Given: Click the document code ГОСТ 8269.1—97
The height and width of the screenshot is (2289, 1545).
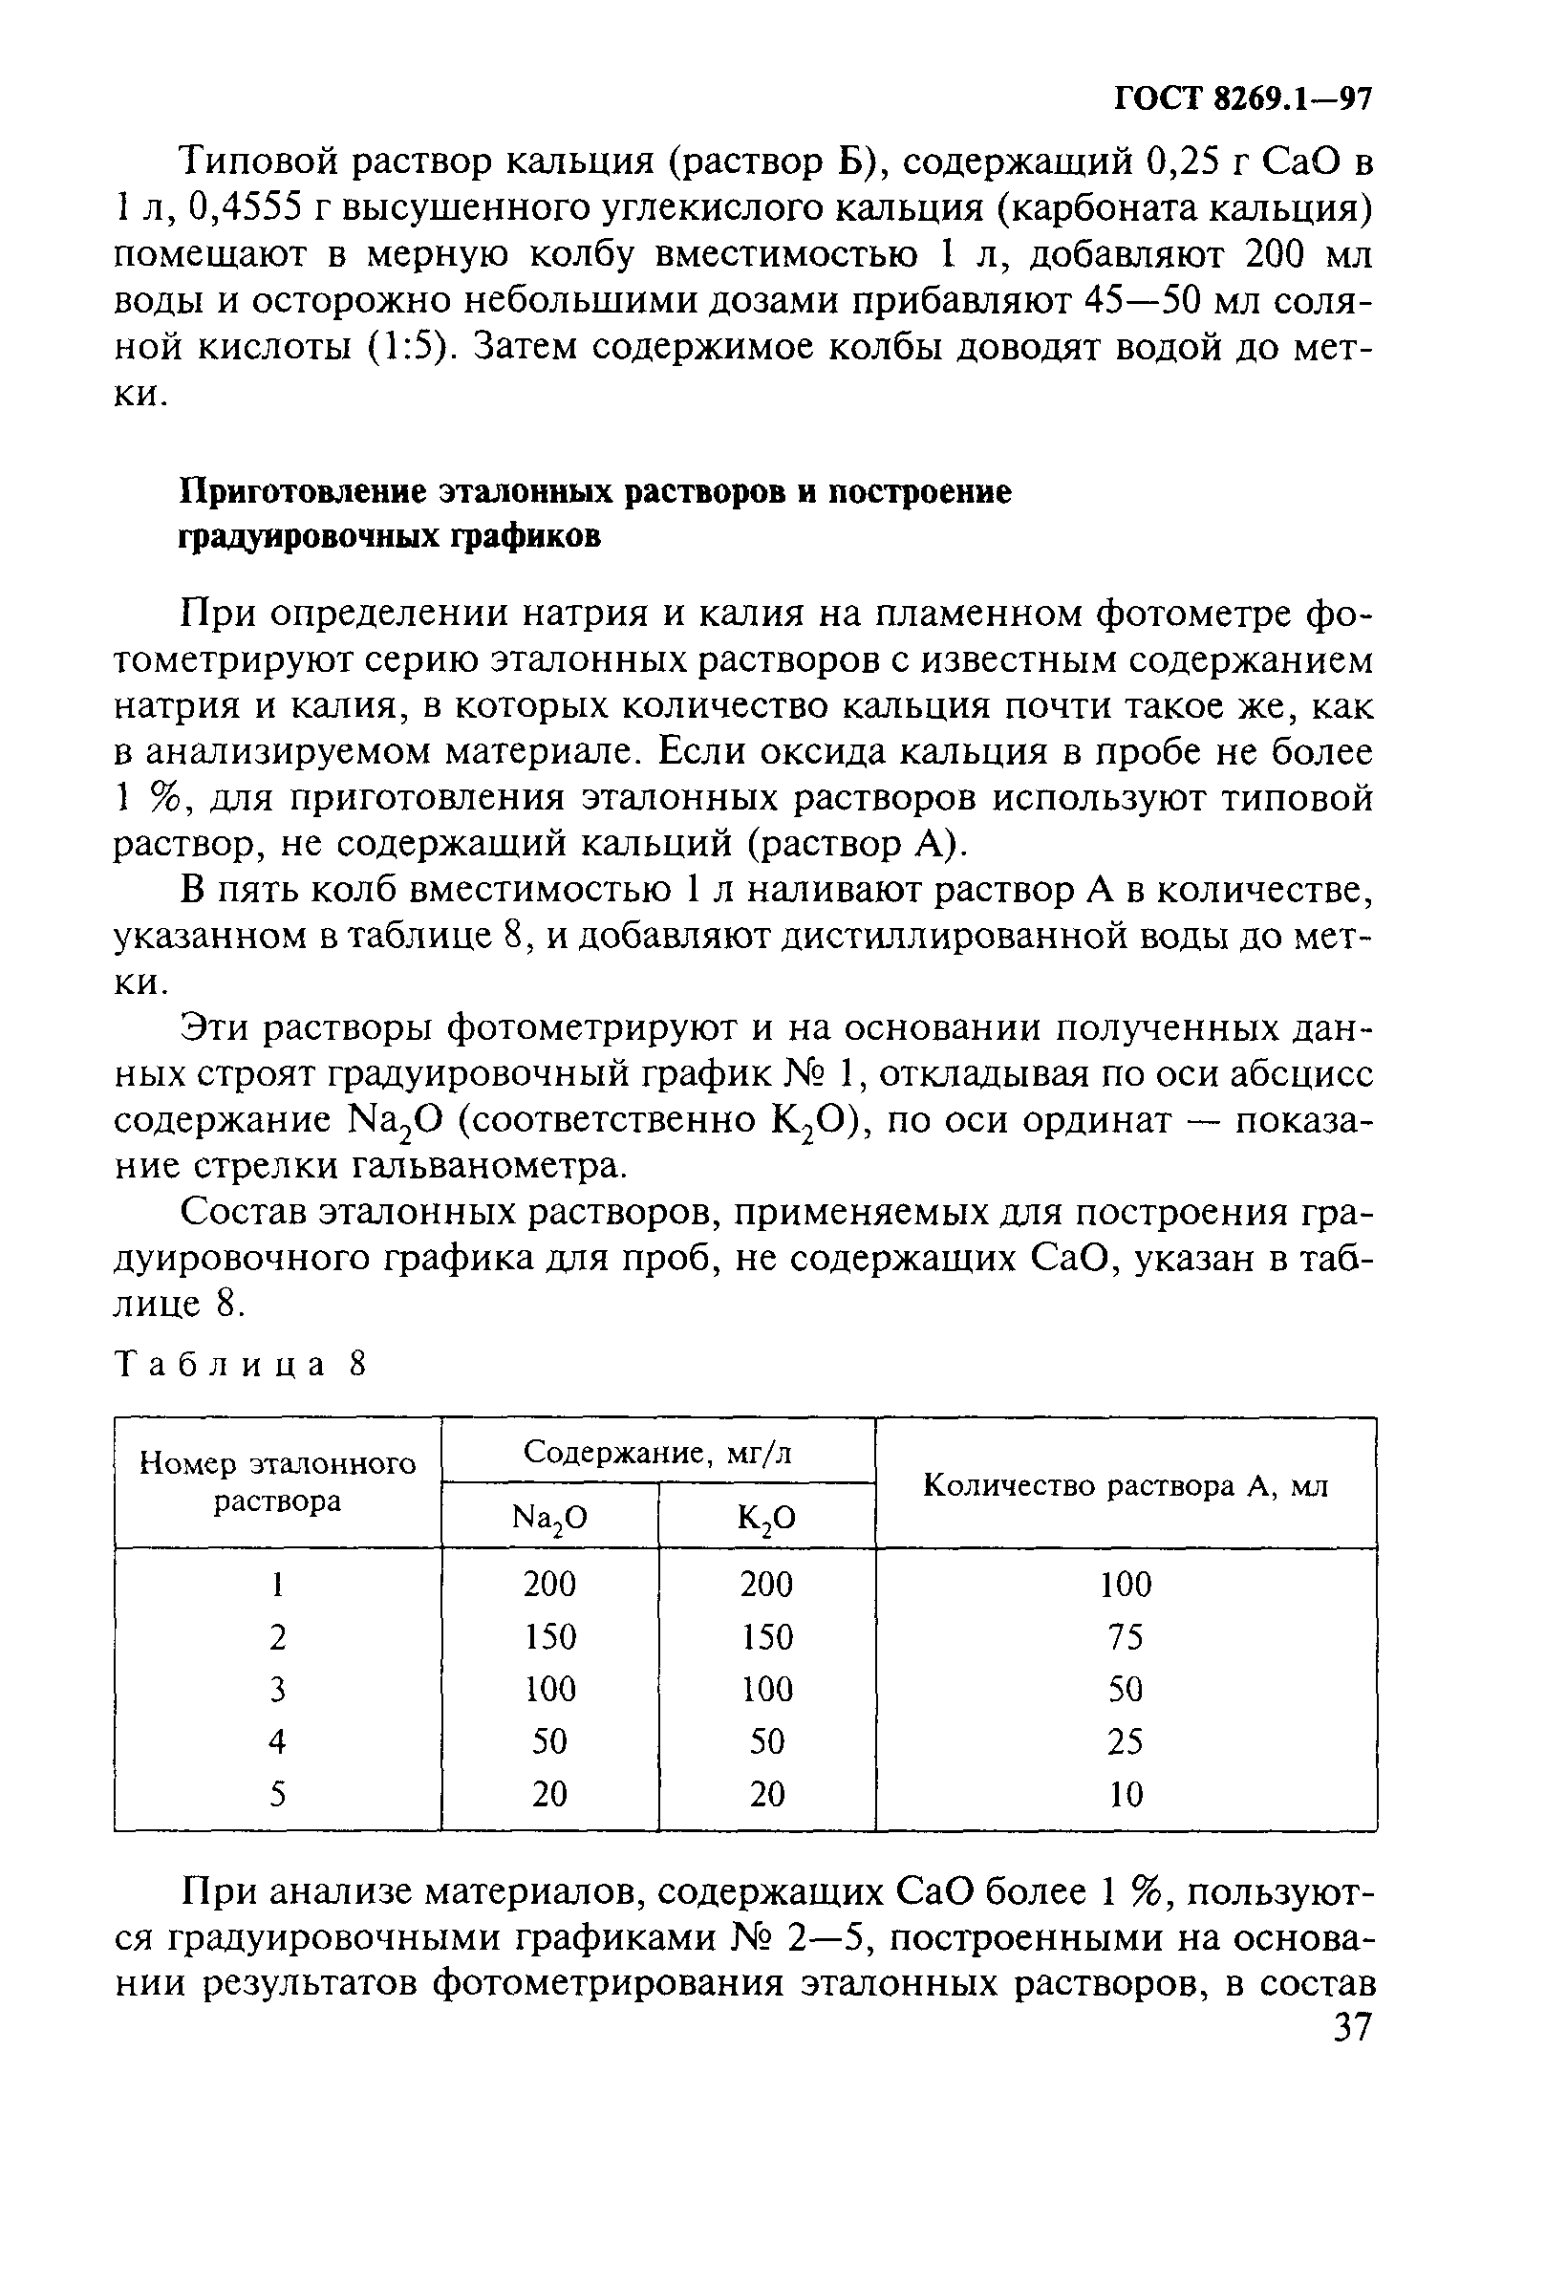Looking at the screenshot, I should click(1243, 99).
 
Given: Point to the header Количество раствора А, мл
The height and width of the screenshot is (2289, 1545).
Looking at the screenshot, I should click(1126, 1486).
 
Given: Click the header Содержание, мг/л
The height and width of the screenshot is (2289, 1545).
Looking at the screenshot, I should click(657, 1452).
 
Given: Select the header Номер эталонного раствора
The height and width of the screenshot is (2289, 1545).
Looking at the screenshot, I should click(278, 1483).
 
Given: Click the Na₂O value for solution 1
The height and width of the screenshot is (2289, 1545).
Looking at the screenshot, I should click(549, 1585).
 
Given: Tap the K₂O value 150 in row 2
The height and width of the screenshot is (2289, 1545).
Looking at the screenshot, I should click(767, 1637).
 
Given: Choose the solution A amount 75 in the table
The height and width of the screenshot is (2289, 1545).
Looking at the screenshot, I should click(1126, 1637).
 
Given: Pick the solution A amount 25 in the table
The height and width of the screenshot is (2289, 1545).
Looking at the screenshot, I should click(1126, 1741).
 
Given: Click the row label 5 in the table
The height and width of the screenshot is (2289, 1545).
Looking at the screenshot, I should click(278, 1795).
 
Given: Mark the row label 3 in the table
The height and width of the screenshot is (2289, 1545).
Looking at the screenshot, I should click(278, 1689).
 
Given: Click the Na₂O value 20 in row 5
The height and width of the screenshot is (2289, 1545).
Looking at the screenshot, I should click(549, 1795).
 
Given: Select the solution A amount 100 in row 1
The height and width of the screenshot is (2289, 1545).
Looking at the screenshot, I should click(1126, 1585).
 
